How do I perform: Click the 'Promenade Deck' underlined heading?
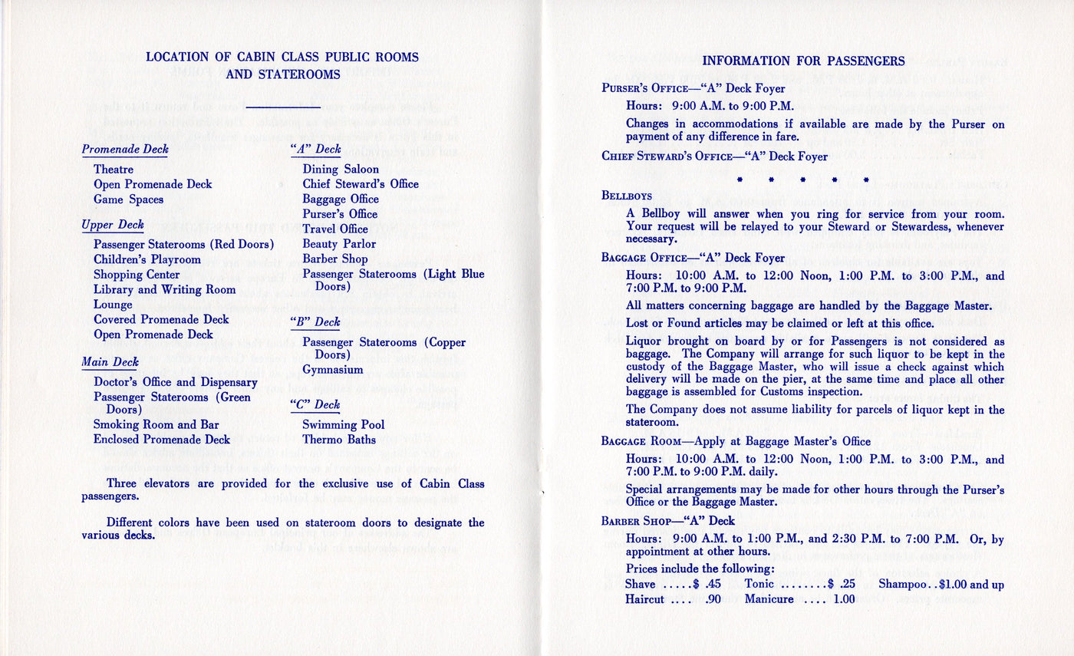tap(125, 150)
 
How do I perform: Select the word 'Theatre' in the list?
tap(114, 169)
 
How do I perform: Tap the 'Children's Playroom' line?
tap(147, 259)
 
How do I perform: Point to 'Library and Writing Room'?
tap(164, 289)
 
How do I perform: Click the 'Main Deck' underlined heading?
tap(110, 362)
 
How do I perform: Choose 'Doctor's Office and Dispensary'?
tap(176, 381)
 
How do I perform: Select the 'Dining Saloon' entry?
tap(341, 169)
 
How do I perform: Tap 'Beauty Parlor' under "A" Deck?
tap(339, 244)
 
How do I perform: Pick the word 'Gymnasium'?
tap(333, 370)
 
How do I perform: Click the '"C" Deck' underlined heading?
tap(315, 404)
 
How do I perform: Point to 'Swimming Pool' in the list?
tap(344, 424)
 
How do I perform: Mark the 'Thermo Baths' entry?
tap(339, 440)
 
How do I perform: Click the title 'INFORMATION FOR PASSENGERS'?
tap(804, 61)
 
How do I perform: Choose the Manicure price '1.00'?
tap(844, 599)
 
